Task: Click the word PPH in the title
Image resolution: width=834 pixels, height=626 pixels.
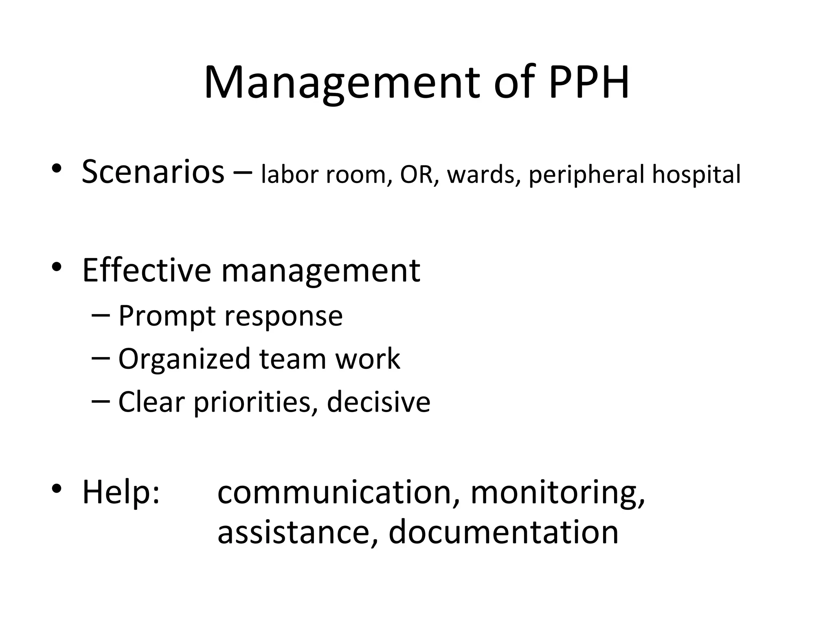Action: [588, 82]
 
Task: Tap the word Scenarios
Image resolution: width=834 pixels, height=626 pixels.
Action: [153, 172]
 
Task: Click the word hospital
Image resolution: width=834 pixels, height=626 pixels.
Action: [696, 174]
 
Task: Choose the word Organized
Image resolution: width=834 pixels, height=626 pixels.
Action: [184, 359]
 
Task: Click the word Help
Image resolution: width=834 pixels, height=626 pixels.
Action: [121, 492]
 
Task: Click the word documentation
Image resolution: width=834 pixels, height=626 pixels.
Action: [503, 532]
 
